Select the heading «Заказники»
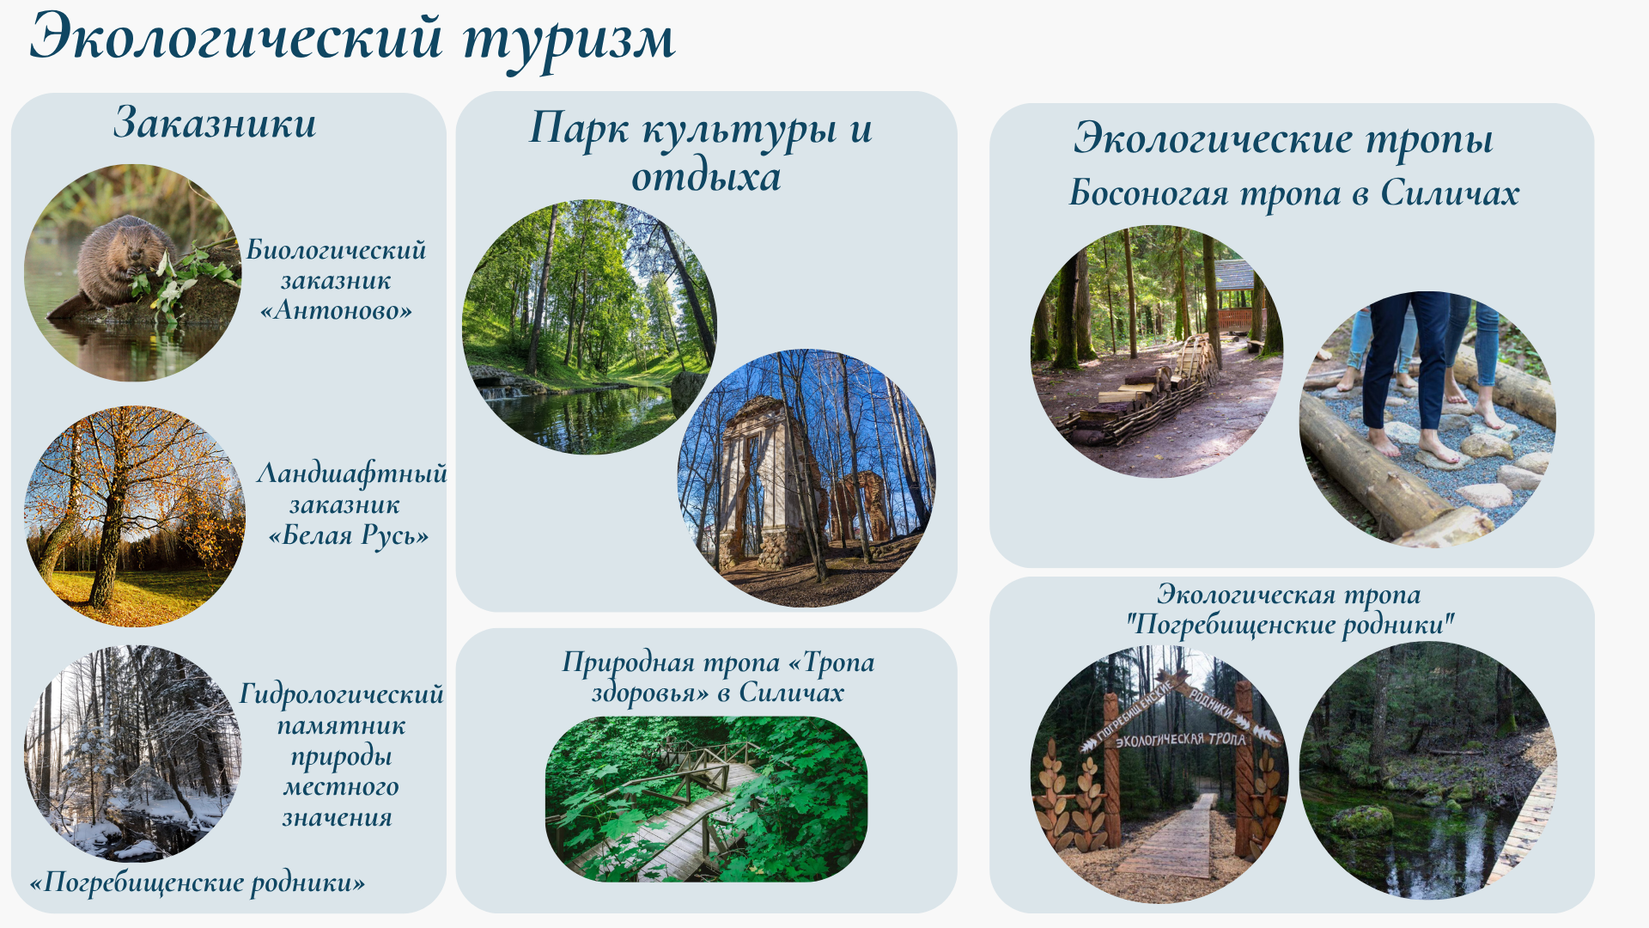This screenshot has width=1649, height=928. pyautogui.click(x=215, y=122)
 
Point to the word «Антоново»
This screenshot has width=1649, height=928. pyautogui.click(x=336, y=310)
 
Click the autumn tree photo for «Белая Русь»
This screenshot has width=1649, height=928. pyautogui.click(x=135, y=516)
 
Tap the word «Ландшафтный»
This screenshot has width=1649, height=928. pyautogui.click(x=352, y=474)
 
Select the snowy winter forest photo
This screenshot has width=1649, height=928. pyautogui.click(x=132, y=753)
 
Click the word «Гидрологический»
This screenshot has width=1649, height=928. pyautogui.click(x=341, y=694)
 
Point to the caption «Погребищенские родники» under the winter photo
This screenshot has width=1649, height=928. pyautogui.click(x=198, y=882)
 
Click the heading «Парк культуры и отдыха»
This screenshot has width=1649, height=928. pyautogui.click(x=701, y=152)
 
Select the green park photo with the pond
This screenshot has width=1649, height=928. pyautogui.click(x=589, y=327)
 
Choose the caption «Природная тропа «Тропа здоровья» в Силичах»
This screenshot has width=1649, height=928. pyautogui.click(x=718, y=677)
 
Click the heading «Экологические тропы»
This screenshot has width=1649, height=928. pyautogui.click(x=1283, y=139)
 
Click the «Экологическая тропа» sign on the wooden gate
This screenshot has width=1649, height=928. pyautogui.click(x=1179, y=739)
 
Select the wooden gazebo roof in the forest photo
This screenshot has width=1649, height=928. pyautogui.click(x=1235, y=275)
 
